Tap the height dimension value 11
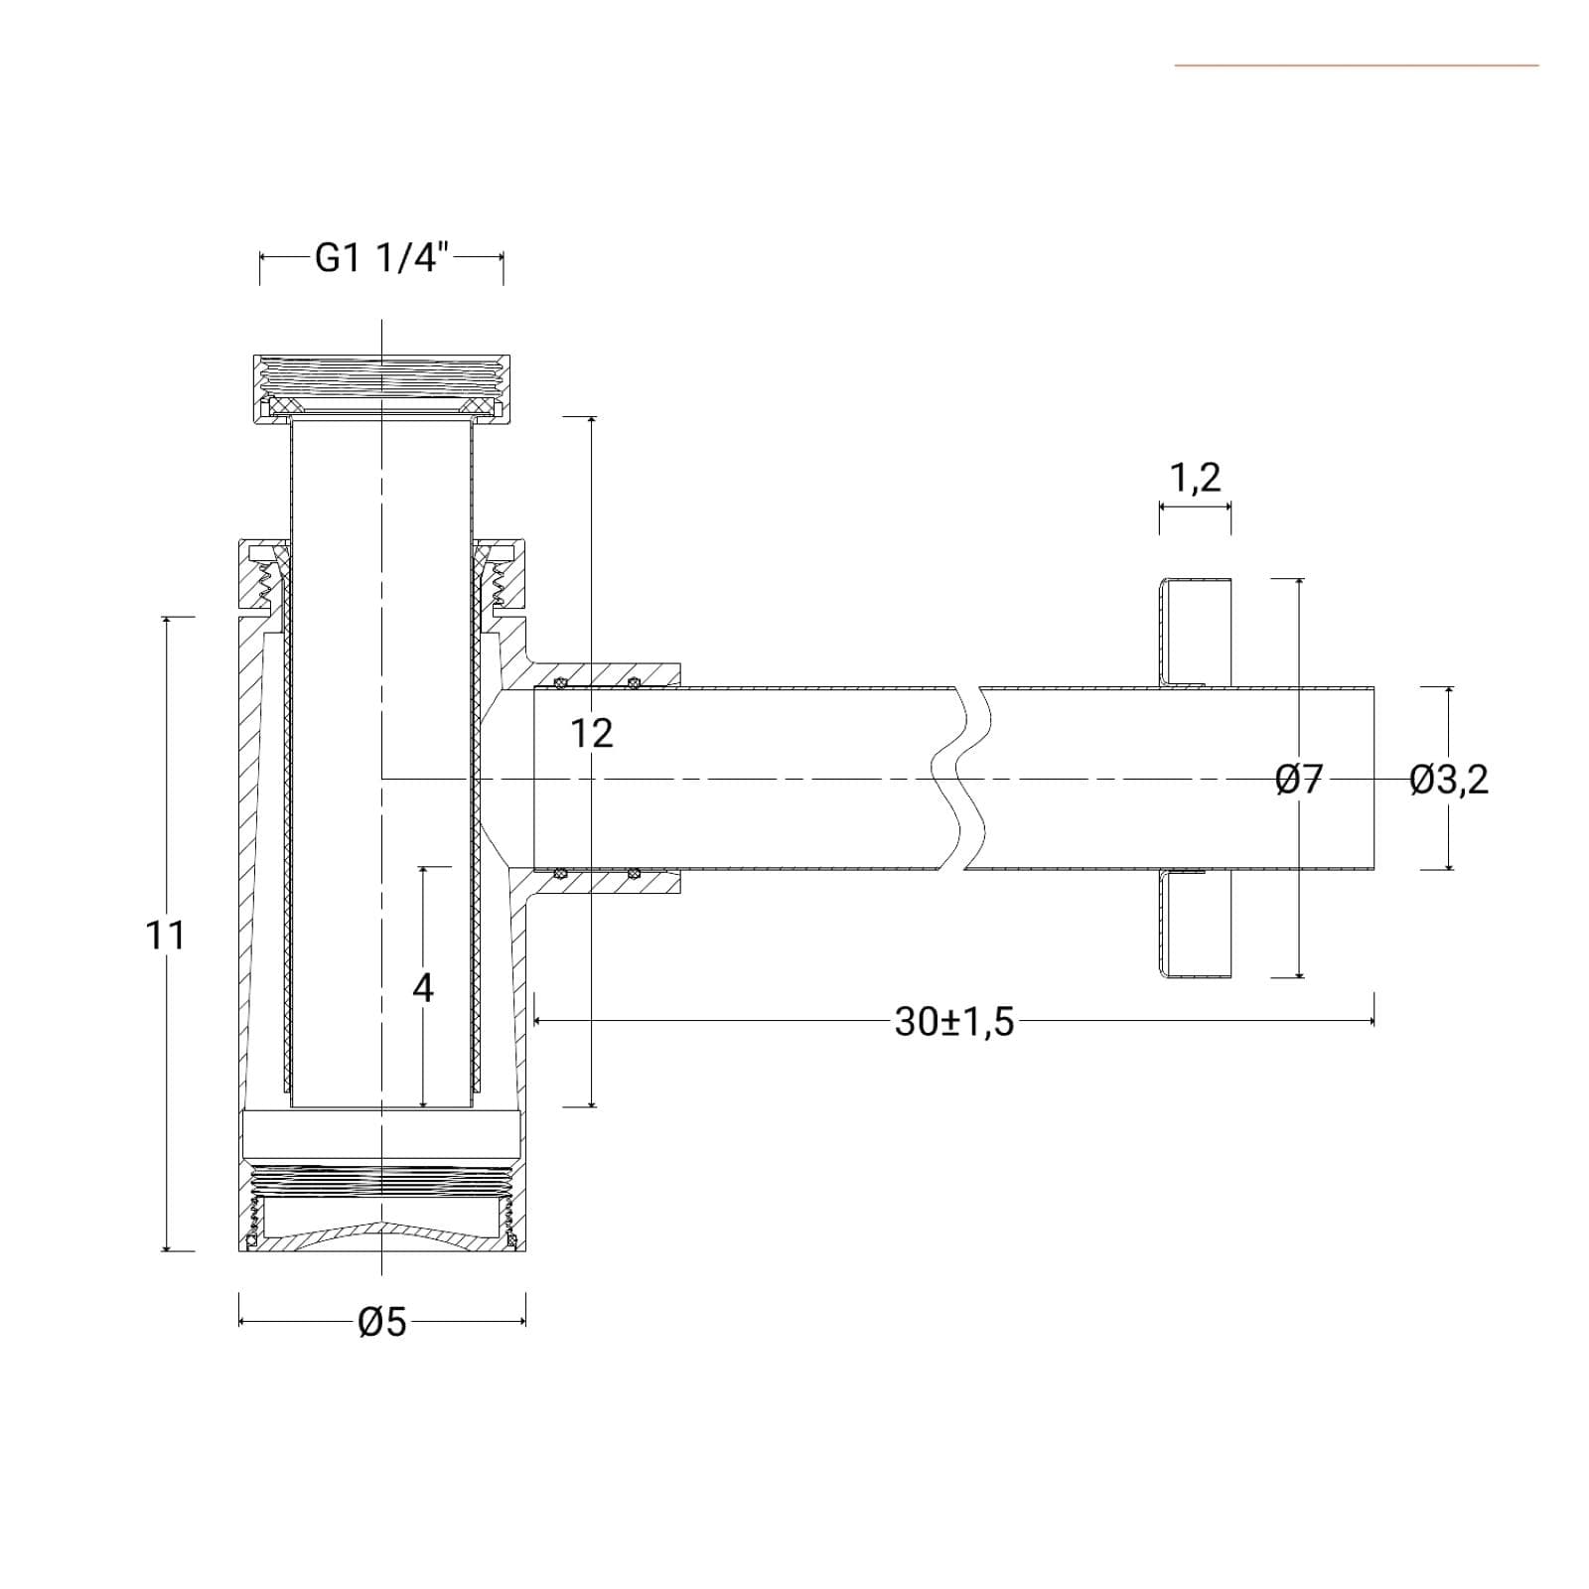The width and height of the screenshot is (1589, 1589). click(165, 936)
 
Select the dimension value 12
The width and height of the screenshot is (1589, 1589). click(592, 734)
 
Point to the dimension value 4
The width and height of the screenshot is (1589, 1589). click(423, 988)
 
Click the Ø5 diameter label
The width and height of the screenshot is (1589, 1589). click(382, 1322)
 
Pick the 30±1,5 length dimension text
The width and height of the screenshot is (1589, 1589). click(954, 1022)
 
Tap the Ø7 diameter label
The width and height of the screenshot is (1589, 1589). click(1300, 780)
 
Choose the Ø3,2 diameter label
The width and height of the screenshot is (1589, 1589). click(1449, 780)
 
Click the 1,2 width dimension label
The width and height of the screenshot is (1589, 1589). click(1195, 479)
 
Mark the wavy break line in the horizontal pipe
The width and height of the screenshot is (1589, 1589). click(959, 780)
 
